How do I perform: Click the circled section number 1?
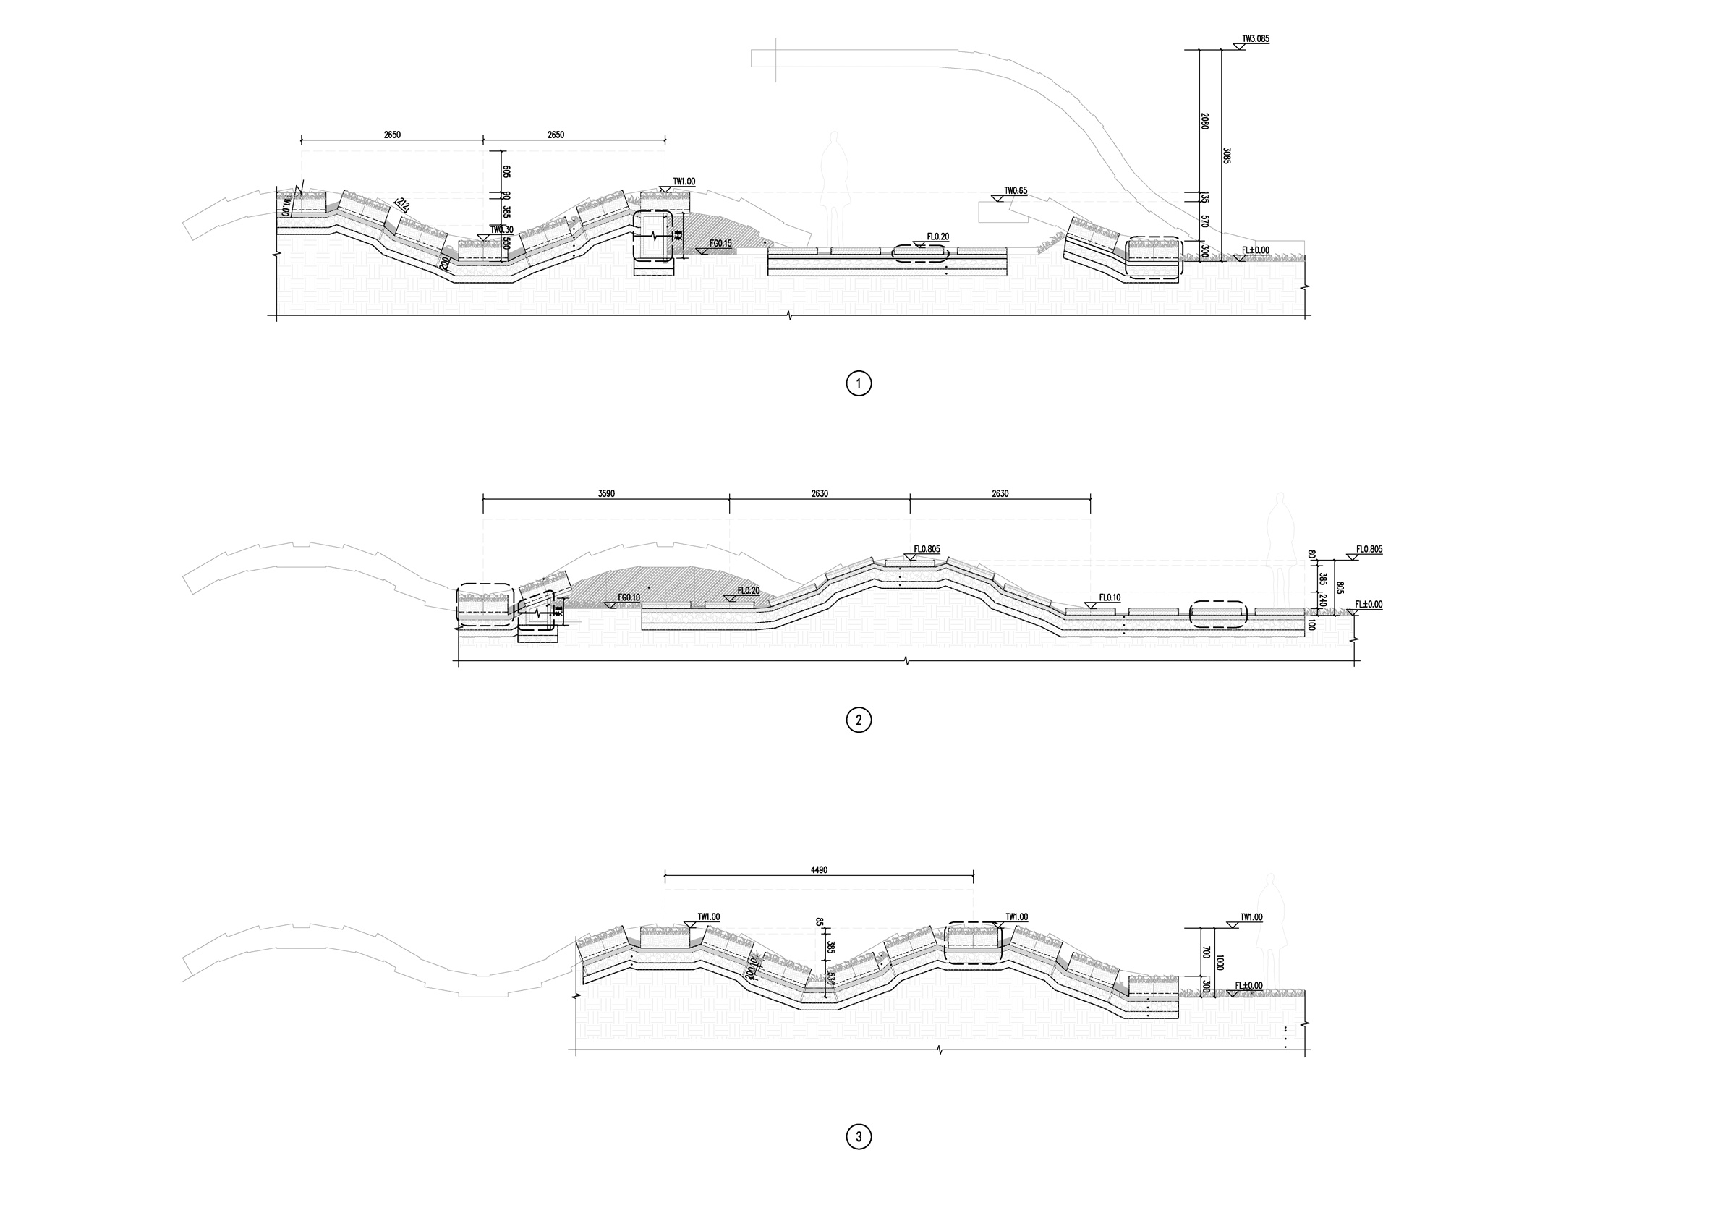coord(858,383)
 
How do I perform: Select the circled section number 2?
coord(858,720)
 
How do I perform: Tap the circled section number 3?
coord(858,1136)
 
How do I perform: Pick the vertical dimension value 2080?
coord(1204,121)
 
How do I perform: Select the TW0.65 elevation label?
coord(1016,191)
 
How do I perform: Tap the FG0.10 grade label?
coord(629,597)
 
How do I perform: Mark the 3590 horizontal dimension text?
coord(605,493)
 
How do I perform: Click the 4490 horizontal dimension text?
coord(819,870)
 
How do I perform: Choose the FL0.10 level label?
coord(1110,597)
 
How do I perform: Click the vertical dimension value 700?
coord(1206,951)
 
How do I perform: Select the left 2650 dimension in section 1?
coord(391,135)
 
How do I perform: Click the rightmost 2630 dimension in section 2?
coord(1000,493)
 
